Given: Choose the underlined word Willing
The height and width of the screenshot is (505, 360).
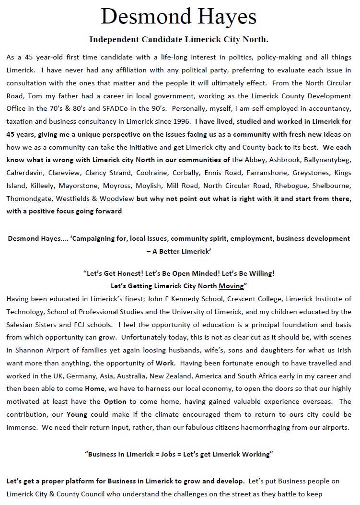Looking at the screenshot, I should [x=260, y=274].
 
